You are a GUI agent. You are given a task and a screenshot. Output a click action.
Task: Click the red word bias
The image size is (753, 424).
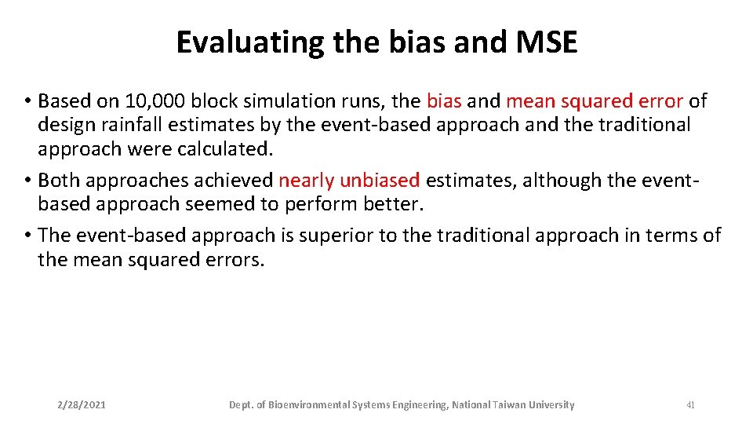point(444,101)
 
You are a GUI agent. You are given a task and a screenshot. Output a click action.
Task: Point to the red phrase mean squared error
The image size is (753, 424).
point(595,101)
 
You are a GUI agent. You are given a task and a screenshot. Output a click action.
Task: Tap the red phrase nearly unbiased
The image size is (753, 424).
point(349,181)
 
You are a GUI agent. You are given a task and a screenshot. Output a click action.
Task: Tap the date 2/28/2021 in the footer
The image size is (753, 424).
point(82,405)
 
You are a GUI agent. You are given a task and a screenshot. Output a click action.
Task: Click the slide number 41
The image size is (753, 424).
point(690,405)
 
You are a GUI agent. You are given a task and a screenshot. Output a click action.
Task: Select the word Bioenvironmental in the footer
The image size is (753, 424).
point(308,405)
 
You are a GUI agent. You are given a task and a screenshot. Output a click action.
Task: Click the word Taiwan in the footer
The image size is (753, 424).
point(510,405)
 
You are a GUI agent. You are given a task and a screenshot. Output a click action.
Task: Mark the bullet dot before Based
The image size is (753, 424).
point(27,102)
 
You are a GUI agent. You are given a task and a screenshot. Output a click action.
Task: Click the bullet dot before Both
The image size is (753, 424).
point(27,181)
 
